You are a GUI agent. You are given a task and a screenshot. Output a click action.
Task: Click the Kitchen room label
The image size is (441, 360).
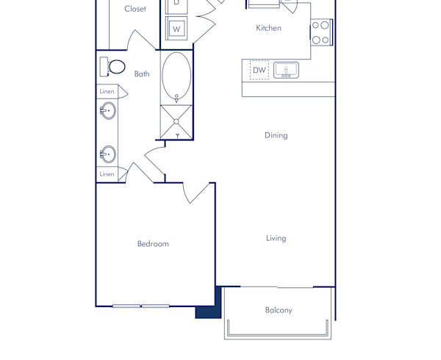(268, 28)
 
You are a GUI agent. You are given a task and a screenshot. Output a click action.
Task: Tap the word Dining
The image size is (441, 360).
(276, 135)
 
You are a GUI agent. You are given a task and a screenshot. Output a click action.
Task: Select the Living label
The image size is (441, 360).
(276, 238)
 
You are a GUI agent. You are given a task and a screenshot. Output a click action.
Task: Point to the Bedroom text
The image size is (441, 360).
(153, 244)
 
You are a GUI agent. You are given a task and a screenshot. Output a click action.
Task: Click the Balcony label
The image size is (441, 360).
(279, 310)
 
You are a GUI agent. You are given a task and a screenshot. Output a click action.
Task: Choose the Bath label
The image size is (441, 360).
(142, 73)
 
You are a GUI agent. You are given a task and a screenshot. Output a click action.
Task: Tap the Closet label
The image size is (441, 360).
(135, 9)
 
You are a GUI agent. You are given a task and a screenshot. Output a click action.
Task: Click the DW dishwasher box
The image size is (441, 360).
(259, 70)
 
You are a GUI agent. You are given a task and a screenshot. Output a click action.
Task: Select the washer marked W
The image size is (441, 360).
(176, 29)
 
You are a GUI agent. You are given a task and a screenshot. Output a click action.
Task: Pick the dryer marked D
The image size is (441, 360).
(176, 4)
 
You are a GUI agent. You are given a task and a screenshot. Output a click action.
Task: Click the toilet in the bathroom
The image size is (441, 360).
(113, 67)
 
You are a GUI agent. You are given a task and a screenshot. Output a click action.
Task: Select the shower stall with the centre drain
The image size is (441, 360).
(176, 121)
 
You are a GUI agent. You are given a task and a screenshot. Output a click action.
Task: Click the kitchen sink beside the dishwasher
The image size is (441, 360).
(286, 70)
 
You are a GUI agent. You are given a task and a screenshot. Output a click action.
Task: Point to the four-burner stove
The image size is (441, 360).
(321, 32)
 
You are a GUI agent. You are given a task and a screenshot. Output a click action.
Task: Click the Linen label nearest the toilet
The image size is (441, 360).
(107, 92)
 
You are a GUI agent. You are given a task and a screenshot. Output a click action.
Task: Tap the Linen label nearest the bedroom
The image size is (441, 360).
(107, 174)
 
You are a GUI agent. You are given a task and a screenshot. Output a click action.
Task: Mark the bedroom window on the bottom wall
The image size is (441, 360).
(141, 306)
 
